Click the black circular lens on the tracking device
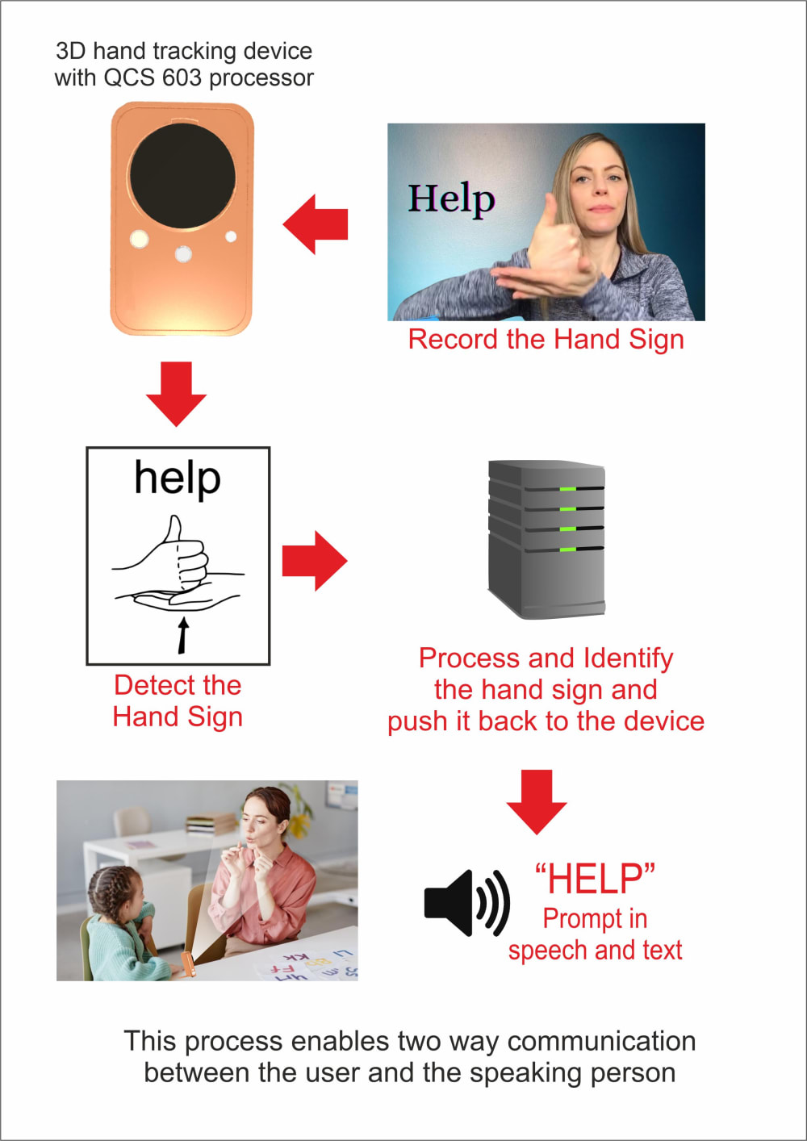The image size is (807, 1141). click(x=182, y=178)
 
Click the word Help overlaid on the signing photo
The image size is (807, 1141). click(x=451, y=199)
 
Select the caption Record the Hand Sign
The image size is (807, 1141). click(x=546, y=340)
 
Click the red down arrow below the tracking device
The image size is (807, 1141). click(x=176, y=393)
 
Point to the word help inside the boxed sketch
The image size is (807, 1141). click(x=178, y=478)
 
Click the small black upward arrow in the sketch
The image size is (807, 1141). click(x=183, y=634)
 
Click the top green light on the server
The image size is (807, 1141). click(x=568, y=489)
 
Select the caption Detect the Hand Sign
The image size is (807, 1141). click(x=178, y=700)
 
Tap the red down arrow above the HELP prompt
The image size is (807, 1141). click(x=537, y=800)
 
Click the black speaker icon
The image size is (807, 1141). click(x=466, y=902)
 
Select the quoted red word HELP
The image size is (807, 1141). click(x=595, y=878)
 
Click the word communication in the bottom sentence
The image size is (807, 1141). click(x=601, y=1042)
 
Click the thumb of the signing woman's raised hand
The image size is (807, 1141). click(x=553, y=211)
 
